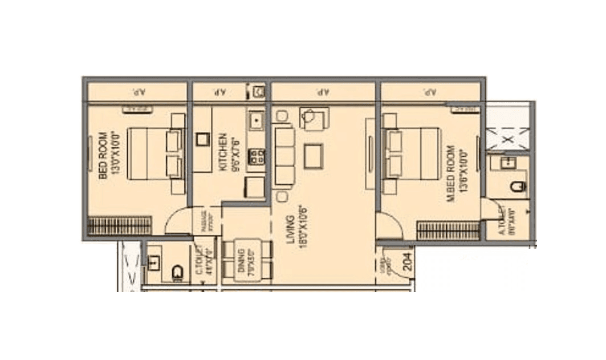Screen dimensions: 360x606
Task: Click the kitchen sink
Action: click(256, 120)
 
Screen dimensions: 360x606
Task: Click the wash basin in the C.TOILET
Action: click(154, 262)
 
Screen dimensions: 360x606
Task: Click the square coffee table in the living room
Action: click(314, 156)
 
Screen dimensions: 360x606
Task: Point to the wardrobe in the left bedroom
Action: click(120, 225)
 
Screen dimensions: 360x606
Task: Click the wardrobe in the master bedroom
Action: click(448, 230)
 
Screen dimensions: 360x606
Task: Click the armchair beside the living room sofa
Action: click(314, 119)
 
